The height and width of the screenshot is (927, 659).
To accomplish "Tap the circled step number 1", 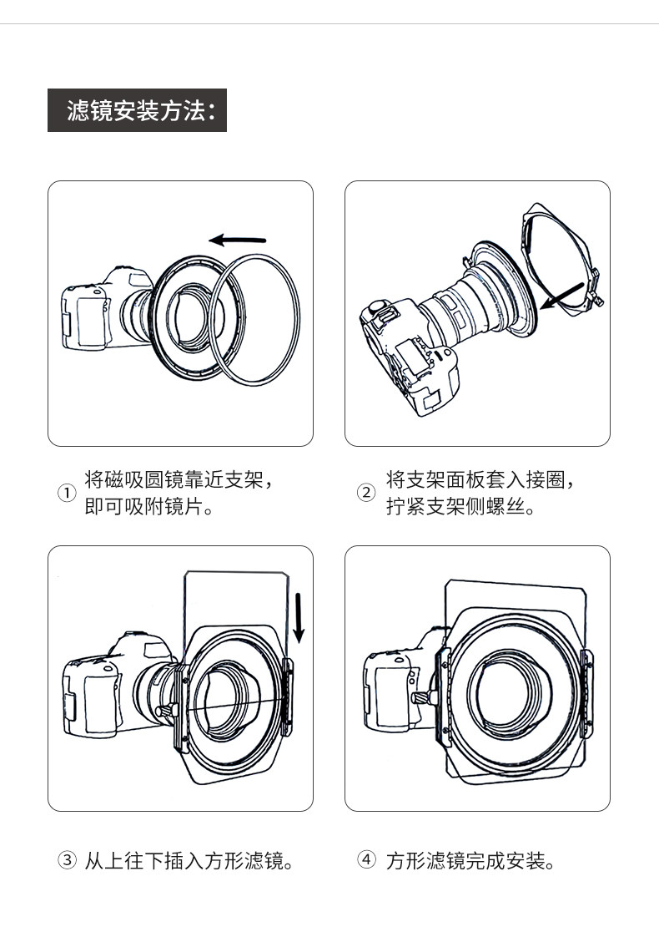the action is tap(67, 493).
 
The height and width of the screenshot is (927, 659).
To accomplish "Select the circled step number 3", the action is tap(67, 859).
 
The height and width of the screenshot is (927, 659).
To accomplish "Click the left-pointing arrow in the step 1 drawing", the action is tap(238, 240).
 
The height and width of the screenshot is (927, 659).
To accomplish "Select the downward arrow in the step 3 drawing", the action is tap(299, 618).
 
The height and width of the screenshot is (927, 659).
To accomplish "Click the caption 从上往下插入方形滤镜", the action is tap(189, 860).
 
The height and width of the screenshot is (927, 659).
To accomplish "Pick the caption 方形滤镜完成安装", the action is tap(470, 860).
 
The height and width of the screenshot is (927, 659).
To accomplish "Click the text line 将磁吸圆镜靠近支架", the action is tap(179, 479).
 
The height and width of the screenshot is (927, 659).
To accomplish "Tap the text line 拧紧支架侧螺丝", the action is tap(460, 507).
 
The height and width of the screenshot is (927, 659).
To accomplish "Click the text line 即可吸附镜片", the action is tap(148, 507).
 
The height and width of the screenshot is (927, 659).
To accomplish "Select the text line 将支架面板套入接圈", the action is tap(480, 479).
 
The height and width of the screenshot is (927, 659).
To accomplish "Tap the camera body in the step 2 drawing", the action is tap(407, 355).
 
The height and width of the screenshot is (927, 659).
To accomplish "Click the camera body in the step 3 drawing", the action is tap(118, 686).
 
